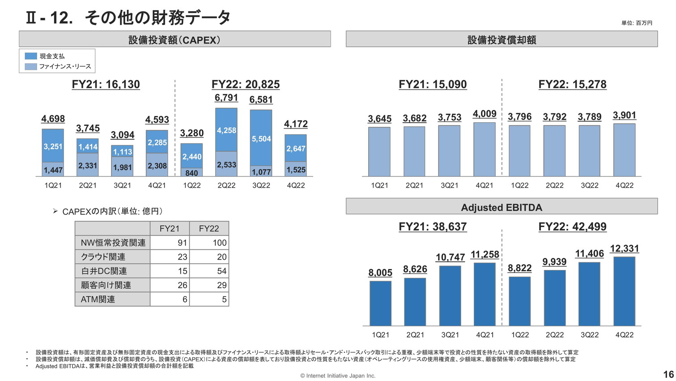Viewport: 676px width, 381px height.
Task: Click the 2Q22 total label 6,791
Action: click(226, 98)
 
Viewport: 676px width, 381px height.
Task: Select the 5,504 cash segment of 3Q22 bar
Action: click(261, 139)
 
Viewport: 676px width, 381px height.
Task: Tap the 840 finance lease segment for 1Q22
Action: click(191, 173)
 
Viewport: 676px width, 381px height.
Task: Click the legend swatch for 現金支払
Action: click(31, 56)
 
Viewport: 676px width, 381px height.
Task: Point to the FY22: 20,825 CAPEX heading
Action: click(246, 85)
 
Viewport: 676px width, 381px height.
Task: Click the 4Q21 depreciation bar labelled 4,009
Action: click(485, 149)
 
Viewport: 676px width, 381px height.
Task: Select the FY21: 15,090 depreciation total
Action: click(433, 85)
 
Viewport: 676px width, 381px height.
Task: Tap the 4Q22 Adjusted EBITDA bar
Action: click(625, 291)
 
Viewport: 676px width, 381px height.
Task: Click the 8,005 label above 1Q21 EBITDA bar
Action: click(380, 273)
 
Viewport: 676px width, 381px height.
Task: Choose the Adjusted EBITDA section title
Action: click(502, 207)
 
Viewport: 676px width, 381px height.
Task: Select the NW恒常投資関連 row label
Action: click(113, 243)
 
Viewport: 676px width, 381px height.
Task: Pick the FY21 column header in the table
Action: click(170, 228)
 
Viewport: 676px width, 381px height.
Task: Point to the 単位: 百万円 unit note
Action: click(637, 23)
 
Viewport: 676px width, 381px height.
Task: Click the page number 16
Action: click(668, 374)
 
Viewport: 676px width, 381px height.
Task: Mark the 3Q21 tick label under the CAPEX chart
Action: click(122, 185)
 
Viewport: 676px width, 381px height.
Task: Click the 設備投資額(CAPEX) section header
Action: click(174, 40)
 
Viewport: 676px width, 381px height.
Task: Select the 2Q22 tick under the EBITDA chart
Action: click(555, 335)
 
